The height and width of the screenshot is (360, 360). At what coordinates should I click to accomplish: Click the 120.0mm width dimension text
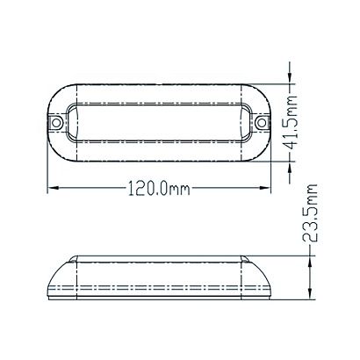tap(159, 189)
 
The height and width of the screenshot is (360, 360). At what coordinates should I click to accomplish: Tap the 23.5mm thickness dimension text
tap(309, 212)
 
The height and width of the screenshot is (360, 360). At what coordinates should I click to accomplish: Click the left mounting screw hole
tap(56, 122)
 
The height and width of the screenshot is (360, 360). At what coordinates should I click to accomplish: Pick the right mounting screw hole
tap(261, 122)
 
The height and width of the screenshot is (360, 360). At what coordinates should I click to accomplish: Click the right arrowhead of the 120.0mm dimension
tap(264, 188)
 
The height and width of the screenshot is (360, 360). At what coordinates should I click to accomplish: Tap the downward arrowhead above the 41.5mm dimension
tap(290, 78)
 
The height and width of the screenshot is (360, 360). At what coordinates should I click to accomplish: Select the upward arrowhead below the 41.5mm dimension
tap(290, 168)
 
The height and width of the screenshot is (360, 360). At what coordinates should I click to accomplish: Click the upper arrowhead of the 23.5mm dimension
tap(310, 262)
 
